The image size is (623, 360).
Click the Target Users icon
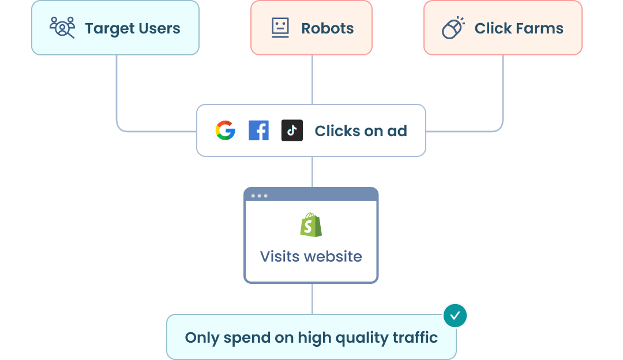62,28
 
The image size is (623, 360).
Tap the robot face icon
280,28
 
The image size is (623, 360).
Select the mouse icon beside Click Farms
453,28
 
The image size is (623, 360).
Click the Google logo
225,131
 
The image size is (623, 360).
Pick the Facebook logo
258,131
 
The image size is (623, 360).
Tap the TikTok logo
292,131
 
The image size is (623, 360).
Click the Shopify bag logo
311,224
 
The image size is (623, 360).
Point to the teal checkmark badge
455,316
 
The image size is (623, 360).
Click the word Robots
328,28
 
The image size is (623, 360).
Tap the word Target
106,28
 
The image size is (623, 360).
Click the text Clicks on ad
361,132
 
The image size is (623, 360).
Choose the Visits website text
311,256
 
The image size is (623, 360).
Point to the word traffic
413,337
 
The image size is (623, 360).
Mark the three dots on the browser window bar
259,196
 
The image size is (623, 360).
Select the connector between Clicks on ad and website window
312,171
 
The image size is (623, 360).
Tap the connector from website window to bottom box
312,298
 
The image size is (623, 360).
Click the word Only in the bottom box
201,337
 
